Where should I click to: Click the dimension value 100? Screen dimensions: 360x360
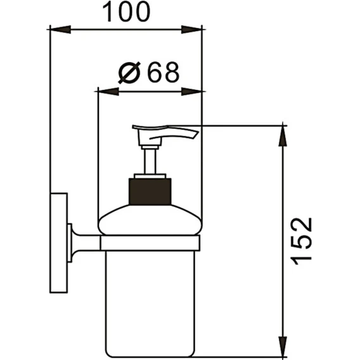click(x=126, y=12)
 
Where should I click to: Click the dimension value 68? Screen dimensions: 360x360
click(x=163, y=72)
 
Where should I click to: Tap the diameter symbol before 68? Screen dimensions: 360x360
click(x=129, y=72)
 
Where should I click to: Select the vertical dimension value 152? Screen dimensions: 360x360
click(x=301, y=241)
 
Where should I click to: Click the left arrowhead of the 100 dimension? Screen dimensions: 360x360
click(x=60, y=30)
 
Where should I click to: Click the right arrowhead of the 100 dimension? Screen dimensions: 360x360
click(x=191, y=30)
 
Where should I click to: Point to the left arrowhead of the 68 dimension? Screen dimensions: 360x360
click(x=108, y=92)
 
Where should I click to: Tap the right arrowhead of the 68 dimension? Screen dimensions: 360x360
click(x=191, y=92)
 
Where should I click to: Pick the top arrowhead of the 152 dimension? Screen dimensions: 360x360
click(x=283, y=136)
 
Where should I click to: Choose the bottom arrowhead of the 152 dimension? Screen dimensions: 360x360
click(x=283, y=347)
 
